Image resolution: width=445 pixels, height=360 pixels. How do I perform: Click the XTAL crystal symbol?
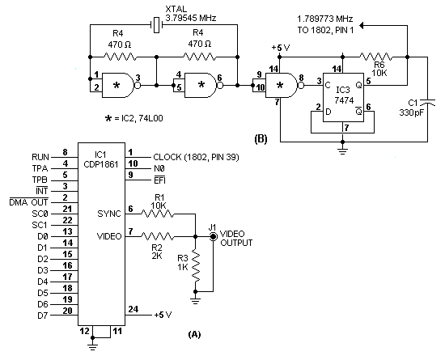tap(156, 25)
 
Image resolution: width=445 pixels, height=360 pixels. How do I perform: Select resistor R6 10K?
tap(376, 57)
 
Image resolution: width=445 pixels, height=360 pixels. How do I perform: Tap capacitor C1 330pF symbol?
tap(427, 103)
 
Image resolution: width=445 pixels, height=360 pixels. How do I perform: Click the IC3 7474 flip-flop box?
tap(343, 97)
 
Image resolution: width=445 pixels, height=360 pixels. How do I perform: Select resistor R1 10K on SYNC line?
tap(158, 214)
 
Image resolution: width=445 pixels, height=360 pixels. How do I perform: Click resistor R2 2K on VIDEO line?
tap(158, 236)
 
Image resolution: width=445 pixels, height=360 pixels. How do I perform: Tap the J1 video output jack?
tap(213, 236)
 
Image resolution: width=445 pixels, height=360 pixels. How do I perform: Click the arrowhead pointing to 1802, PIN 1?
tap(362, 26)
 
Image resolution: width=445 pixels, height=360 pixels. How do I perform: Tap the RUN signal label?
tap(40, 157)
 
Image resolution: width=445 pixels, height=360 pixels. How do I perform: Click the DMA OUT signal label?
tap(28, 202)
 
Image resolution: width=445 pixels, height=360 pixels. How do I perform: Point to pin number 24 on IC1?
tap(133, 309)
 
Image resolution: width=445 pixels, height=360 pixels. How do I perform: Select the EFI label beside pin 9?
tap(159, 180)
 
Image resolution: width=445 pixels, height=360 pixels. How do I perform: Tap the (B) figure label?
tap(261, 139)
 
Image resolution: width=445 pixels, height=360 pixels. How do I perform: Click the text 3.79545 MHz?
tap(191, 18)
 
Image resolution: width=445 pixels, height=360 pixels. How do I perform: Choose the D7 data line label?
tap(43, 316)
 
